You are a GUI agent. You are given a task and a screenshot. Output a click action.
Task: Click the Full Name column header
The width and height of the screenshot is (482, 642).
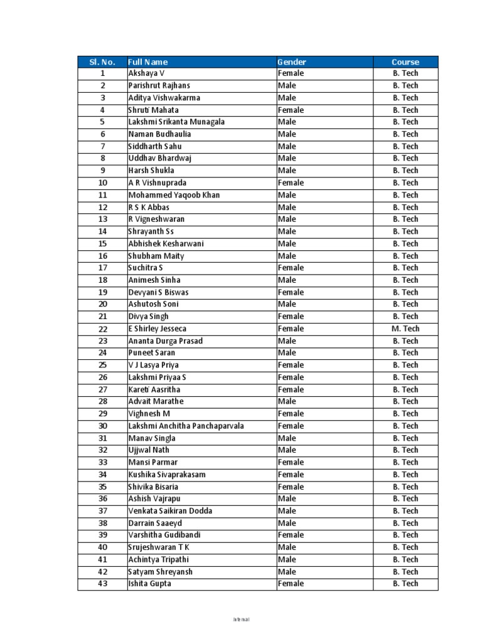[x=148, y=61]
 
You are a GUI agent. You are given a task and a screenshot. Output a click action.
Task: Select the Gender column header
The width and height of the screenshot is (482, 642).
[x=292, y=61]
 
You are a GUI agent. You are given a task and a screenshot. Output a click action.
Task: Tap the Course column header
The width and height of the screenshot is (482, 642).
[x=405, y=61]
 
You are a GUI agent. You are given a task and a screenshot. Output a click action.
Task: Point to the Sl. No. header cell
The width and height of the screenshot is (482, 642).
[x=102, y=61]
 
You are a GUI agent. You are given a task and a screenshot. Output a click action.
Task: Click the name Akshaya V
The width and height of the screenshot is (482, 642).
[x=146, y=73]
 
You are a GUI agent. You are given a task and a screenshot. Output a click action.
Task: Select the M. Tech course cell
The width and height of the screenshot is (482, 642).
[x=405, y=329]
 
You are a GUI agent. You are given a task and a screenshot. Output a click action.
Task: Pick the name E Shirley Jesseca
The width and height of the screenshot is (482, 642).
[x=158, y=329]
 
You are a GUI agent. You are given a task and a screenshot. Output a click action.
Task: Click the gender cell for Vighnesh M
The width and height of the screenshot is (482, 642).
[x=291, y=414]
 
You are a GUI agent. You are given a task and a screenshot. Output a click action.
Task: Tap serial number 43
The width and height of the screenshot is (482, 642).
[x=103, y=584]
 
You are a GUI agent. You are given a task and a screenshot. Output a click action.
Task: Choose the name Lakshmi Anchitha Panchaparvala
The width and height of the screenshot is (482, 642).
[x=186, y=426]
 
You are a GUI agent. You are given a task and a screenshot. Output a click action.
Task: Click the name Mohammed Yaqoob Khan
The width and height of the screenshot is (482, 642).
[x=174, y=195]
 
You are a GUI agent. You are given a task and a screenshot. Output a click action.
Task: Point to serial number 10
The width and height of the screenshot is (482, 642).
[x=103, y=183]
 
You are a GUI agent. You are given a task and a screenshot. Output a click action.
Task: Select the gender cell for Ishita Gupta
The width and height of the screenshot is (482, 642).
[x=291, y=584]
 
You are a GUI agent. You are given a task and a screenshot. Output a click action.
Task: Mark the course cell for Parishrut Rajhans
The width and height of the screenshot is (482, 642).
[x=405, y=85]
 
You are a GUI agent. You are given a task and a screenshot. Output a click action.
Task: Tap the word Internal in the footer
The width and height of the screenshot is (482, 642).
[x=241, y=619]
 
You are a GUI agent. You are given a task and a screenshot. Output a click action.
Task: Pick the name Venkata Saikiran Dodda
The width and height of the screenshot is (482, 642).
[x=170, y=511]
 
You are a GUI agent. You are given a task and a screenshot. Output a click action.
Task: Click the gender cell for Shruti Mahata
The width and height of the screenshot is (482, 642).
[x=291, y=110]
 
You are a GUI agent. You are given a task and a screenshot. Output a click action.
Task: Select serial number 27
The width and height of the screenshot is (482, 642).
[x=103, y=389]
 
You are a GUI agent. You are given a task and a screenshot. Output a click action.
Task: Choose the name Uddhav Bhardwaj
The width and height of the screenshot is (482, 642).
[x=159, y=159]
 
